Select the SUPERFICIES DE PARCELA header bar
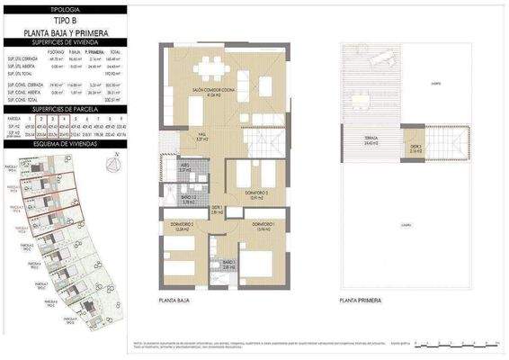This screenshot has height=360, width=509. pyautogui.click(x=62, y=108)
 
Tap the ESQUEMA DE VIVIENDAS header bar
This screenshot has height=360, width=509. pyautogui.click(x=62, y=142)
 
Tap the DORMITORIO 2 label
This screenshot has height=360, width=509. pyautogui.click(x=182, y=226)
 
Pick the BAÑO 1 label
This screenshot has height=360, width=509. pyautogui.click(x=228, y=265)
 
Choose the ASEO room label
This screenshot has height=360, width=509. pyautogui.click(x=184, y=167)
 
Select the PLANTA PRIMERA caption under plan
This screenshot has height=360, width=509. pyautogui.click(x=360, y=301)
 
